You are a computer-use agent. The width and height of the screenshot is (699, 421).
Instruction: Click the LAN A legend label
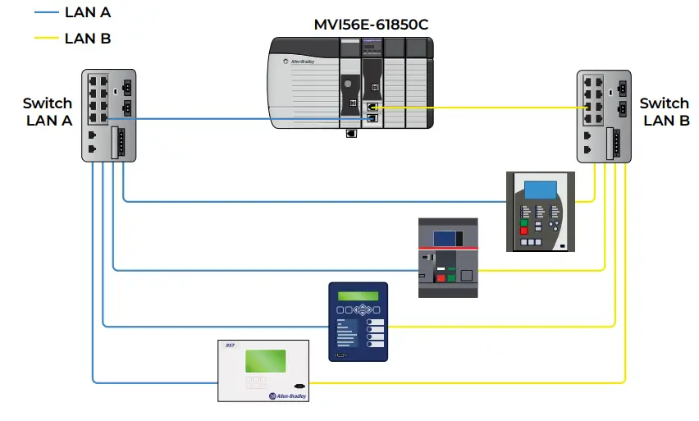pyautogui.click(x=87, y=12)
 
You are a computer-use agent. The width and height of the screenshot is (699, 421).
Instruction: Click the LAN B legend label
pyautogui.click(x=87, y=38)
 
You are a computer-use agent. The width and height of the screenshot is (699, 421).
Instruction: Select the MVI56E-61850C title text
pyautogui.click(x=371, y=25)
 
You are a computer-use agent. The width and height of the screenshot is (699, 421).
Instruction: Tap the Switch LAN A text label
pyautogui.click(x=48, y=112)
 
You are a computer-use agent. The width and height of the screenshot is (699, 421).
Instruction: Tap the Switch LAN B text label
pyautogui.click(x=664, y=112)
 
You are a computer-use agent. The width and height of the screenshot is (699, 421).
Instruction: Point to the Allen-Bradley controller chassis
pyautogui.click(x=350, y=82)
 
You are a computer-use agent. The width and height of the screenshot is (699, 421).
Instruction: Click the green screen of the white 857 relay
pyautogui.click(x=265, y=362)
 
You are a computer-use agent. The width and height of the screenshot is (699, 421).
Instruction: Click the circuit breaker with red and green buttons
pyautogui.click(x=447, y=257)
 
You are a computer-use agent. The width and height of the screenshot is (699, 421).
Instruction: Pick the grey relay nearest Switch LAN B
pyautogui.click(x=540, y=211)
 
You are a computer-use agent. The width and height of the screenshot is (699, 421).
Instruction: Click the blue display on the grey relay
pyautogui.click(x=540, y=188)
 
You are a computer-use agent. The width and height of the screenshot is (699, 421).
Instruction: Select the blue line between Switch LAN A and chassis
pyautogui.click(x=246, y=119)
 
